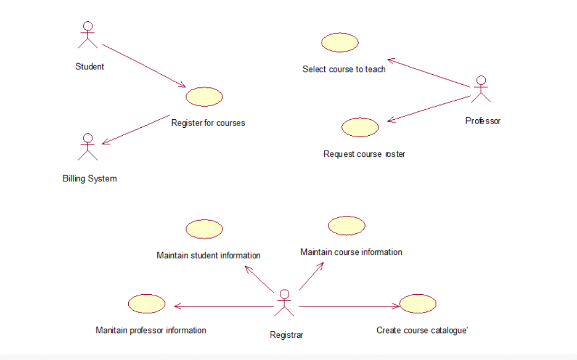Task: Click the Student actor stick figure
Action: (88, 36)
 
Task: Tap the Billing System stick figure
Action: (88, 147)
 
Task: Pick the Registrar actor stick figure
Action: (285, 303)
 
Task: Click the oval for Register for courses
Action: (205, 97)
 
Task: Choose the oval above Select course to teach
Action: (340, 42)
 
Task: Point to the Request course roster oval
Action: (360, 127)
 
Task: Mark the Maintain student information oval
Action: (205, 229)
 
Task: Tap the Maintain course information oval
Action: (347, 225)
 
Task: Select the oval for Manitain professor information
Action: (147, 304)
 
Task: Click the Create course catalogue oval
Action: (418, 304)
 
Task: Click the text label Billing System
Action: (90, 179)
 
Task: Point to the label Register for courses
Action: (208, 123)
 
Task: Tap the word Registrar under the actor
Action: (286, 335)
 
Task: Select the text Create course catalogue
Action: (422, 330)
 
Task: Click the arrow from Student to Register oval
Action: (144, 66)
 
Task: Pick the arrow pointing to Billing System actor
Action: (136, 129)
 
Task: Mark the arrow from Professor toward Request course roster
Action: (429, 109)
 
